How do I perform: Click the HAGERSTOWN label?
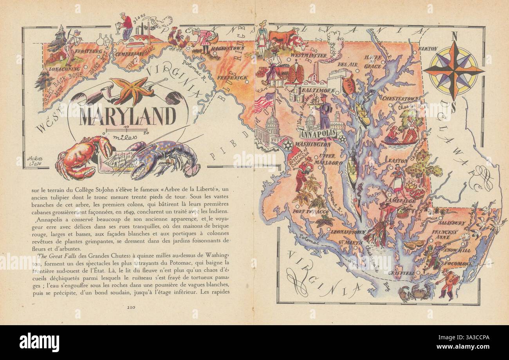(228, 48)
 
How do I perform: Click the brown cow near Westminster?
(282, 37)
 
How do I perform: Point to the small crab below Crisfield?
(414, 292)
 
